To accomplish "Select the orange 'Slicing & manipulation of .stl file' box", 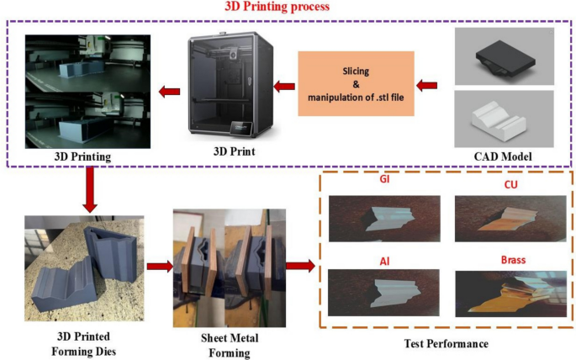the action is coord(357,84).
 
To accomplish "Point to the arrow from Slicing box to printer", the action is coord(283,84).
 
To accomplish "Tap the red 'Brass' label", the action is coord(511,260).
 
